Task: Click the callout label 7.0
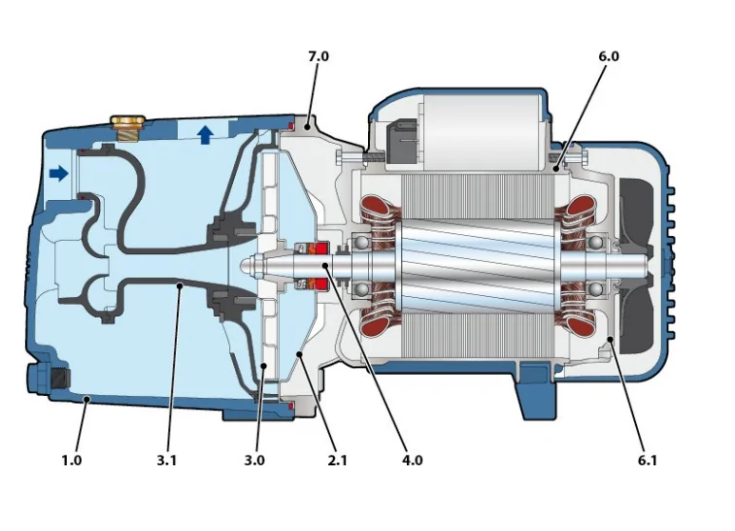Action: pos(318,57)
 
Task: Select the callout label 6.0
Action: pos(609,57)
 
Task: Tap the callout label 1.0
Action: pos(72,460)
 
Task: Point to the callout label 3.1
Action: pos(168,460)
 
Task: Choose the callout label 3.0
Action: pos(254,460)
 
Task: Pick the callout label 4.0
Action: pos(412,460)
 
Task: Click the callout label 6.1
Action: pos(647,460)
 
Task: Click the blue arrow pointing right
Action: pos(58,174)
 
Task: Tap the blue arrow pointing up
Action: pos(205,134)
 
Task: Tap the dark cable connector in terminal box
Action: pos(402,143)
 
